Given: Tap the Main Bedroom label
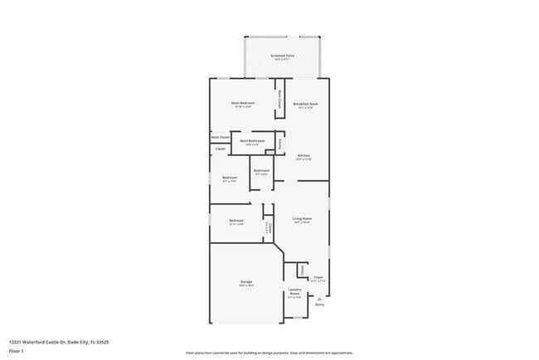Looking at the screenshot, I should coord(243,104).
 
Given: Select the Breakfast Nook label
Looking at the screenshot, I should coord(306,104).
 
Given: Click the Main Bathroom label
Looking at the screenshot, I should coord(252,141).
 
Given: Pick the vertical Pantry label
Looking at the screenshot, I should coord(281,143).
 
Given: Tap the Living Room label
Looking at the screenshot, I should coord(301,219).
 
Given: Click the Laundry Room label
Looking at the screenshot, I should coord(294,293).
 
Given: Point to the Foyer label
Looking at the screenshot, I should coord(318,279).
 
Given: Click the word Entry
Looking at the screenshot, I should coord(319,304).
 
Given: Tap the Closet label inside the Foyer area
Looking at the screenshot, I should coord(303,270).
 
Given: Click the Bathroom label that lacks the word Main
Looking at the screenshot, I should coord(262,172).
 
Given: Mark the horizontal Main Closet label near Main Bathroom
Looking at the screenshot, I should coord(220,137).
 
